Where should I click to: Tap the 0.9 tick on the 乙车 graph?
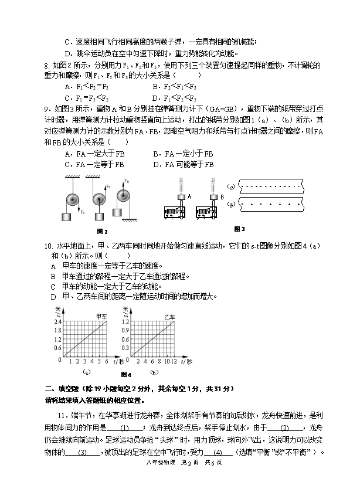(x=124, y=330)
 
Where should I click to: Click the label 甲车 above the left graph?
(x=102, y=317)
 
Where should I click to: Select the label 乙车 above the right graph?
(x=169, y=317)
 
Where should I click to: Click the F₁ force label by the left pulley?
(x=83, y=212)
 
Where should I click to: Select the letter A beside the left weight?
(x=188, y=196)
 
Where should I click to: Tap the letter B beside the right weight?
(x=222, y=196)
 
